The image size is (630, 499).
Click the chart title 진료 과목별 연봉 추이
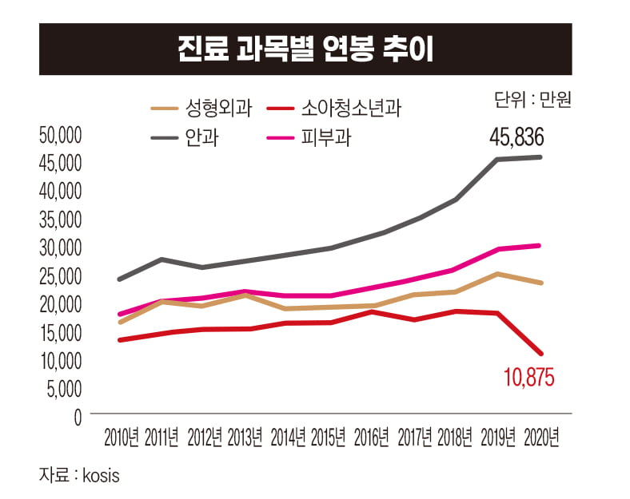point(305,49)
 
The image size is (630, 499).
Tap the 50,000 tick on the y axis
point(61,134)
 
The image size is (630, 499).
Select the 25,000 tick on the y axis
point(61,275)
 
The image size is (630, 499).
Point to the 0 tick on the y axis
point(78,417)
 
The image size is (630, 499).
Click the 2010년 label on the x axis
point(122,438)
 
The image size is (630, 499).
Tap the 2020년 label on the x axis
point(540,438)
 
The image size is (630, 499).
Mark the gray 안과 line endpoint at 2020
point(540,157)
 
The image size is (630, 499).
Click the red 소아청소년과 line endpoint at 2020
point(541,353)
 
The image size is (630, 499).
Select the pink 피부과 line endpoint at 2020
point(540,246)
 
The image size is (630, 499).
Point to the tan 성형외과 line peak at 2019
point(499,274)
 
